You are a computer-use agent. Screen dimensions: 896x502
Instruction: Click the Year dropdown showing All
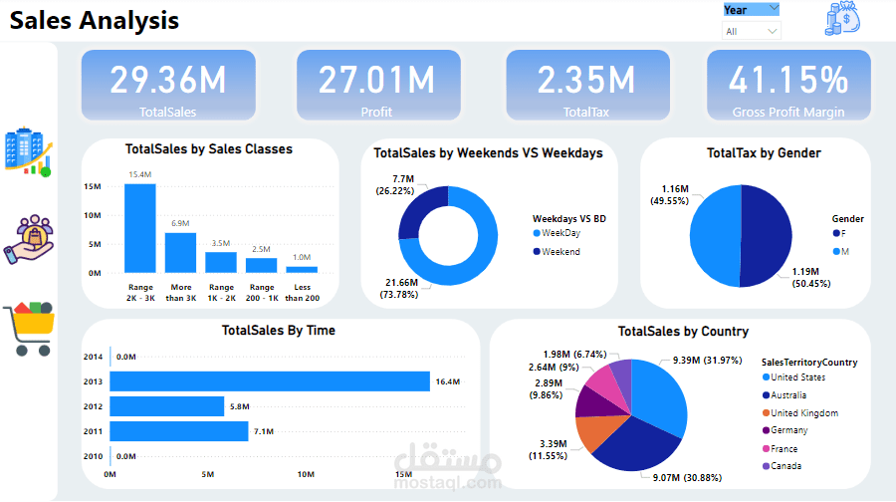751,31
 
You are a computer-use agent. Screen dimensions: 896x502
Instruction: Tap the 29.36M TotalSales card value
168,80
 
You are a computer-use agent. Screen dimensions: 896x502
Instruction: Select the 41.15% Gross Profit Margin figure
788,80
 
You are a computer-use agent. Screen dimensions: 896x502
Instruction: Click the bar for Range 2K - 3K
140,228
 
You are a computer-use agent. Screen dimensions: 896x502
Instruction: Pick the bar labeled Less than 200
302,269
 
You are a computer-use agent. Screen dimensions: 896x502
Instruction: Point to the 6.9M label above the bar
180,223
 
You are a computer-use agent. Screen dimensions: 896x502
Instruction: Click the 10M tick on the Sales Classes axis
93,215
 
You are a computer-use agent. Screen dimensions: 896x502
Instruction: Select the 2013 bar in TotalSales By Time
270,381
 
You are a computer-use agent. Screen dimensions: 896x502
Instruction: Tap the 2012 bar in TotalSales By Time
167,406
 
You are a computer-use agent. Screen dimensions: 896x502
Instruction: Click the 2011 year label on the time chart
93,431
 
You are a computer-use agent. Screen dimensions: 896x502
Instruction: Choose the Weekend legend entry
557,252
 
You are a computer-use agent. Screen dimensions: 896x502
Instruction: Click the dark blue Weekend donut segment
420,209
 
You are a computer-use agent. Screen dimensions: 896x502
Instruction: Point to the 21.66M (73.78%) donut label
399,288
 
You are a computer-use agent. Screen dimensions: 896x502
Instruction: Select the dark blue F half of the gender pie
767,236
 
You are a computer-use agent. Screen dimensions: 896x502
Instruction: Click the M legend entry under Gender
841,252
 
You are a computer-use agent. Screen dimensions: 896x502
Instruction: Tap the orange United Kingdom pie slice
596,433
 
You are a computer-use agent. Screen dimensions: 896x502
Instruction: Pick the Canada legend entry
782,466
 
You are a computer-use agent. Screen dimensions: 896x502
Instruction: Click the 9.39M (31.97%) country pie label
708,361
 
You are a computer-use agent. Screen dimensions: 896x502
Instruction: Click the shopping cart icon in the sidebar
29,328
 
